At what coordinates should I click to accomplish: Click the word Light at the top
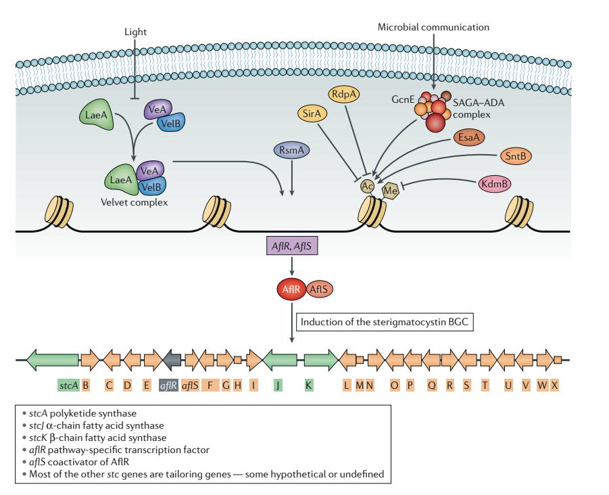point(135,31)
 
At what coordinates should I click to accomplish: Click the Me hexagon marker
point(390,191)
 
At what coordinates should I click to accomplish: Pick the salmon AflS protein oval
point(318,289)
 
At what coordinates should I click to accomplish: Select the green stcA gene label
point(68,385)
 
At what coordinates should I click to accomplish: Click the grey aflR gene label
point(168,385)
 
